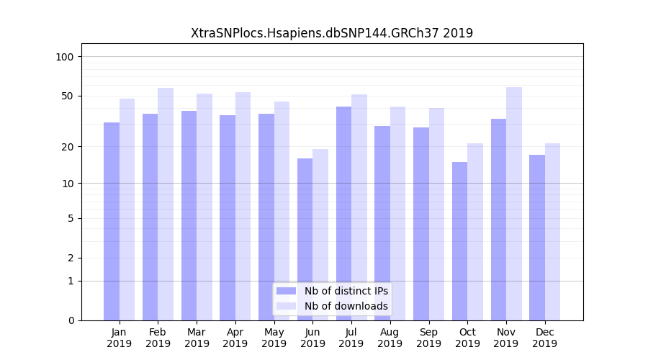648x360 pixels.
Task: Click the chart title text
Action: click(331, 33)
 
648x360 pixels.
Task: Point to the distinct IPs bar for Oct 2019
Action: click(459, 241)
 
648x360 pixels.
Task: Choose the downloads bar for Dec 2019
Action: click(552, 232)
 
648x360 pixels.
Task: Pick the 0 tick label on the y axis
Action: click(71, 320)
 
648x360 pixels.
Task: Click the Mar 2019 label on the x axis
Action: click(197, 338)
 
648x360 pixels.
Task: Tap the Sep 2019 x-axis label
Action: click(428, 338)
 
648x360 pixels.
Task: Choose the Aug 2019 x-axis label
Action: click(390, 338)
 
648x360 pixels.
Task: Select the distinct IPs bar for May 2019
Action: click(266, 217)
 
